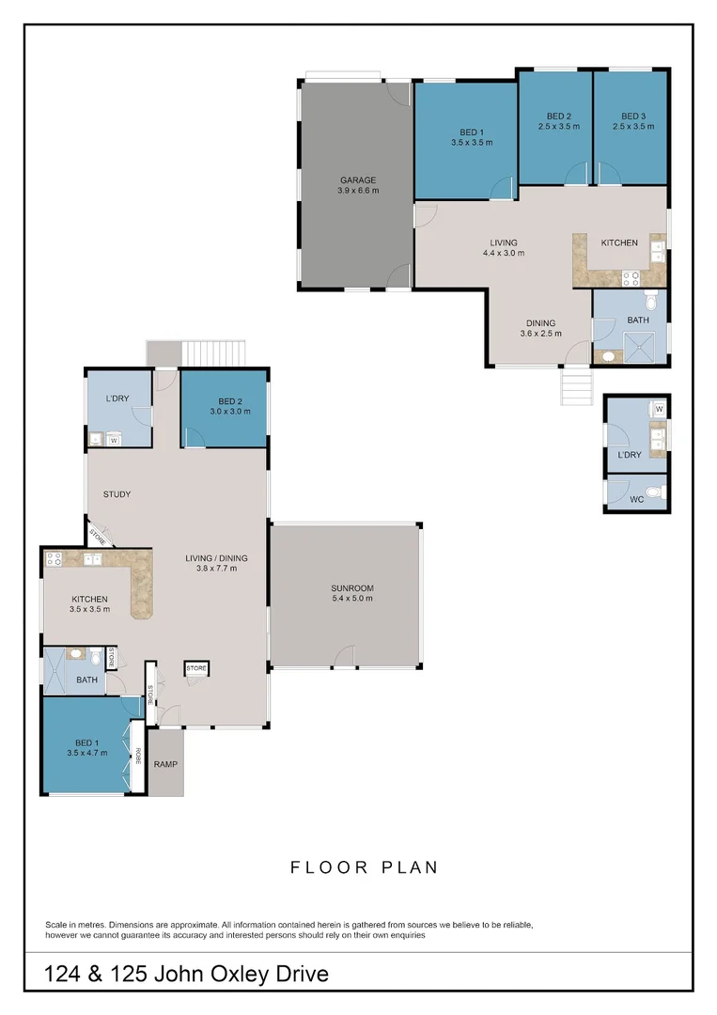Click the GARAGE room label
(357, 180)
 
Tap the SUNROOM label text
(352, 587)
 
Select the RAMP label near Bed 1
(165, 764)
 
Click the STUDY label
(117, 494)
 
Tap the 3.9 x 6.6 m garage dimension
(357, 191)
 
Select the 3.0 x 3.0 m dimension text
(230, 412)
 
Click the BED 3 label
(633, 116)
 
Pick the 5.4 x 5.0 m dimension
(352, 599)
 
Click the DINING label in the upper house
(540, 322)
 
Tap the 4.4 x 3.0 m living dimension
(504, 253)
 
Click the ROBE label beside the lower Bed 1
(137, 755)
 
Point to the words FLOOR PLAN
(364, 867)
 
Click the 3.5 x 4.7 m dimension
(86, 752)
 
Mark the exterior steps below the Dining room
(576, 386)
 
